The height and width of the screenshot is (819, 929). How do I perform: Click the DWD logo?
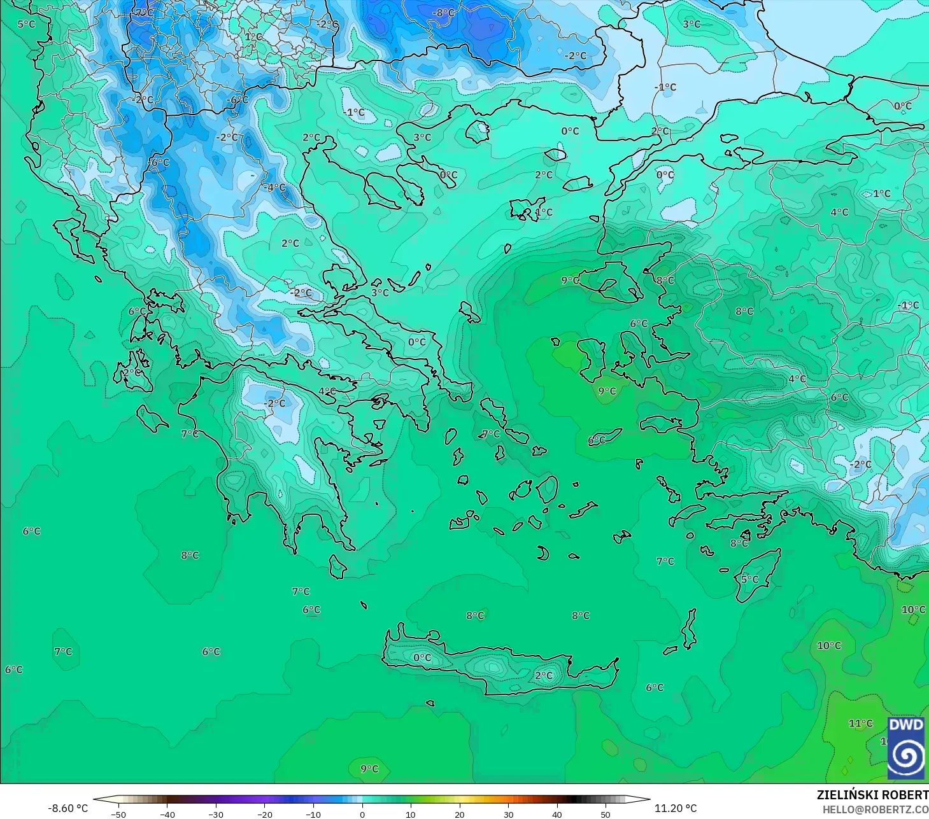click(x=907, y=748)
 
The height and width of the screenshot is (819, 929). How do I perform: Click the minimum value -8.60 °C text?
click(x=67, y=808)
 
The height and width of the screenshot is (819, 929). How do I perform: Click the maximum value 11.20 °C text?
click(x=676, y=808)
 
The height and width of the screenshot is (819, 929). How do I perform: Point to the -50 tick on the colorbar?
click(x=118, y=814)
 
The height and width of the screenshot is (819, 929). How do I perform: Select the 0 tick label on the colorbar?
click(x=362, y=814)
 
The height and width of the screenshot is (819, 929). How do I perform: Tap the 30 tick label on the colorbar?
click(x=508, y=814)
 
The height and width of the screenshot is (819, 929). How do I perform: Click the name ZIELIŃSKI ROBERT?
click(x=872, y=795)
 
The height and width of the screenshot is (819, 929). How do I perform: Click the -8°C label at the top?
click(x=443, y=13)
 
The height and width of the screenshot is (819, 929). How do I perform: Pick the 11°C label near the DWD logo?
click(x=860, y=724)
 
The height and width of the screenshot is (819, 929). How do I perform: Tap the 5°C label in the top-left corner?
click(x=26, y=24)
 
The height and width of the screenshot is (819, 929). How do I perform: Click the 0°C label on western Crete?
click(x=422, y=657)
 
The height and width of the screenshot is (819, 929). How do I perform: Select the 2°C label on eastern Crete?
click(x=544, y=675)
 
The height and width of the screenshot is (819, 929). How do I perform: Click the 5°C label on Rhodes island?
click(x=749, y=579)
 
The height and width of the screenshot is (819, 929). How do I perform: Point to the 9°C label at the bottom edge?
click(x=369, y=768)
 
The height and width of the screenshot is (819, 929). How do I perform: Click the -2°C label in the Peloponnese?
click(x=274, y=403)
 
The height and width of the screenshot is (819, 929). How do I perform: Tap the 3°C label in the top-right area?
click(x=691, y=24)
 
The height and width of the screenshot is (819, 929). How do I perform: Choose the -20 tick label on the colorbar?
click(x=264, y=814)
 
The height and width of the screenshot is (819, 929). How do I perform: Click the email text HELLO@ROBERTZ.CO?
click(x=875, y=809)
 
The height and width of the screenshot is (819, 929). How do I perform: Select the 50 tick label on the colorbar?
click(x=606, y=814)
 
